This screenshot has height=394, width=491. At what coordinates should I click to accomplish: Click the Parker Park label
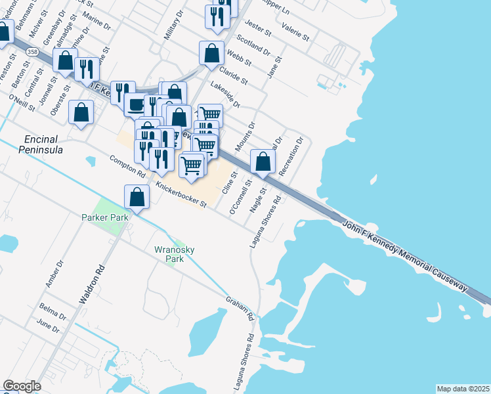[x=104, y=217]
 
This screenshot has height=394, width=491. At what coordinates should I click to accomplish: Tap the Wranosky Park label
[x=169, y=253]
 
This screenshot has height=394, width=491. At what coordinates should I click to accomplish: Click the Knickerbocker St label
[x=181, y=195]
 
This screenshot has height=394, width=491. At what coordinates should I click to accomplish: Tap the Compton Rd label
[x=127, y=167]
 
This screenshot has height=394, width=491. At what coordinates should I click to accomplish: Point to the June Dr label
[x=49, y=325]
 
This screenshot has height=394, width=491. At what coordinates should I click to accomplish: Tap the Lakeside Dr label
[x=225, y=95]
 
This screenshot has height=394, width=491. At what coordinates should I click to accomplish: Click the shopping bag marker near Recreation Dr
[x=263, y=162]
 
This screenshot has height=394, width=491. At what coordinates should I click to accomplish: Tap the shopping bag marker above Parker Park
[x=137, y=197]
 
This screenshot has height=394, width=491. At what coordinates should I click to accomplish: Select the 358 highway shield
[x=32, y=51]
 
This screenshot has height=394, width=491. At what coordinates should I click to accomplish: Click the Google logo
[x=22, y=386]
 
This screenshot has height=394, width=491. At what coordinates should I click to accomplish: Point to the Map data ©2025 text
[x=462, y=389]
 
